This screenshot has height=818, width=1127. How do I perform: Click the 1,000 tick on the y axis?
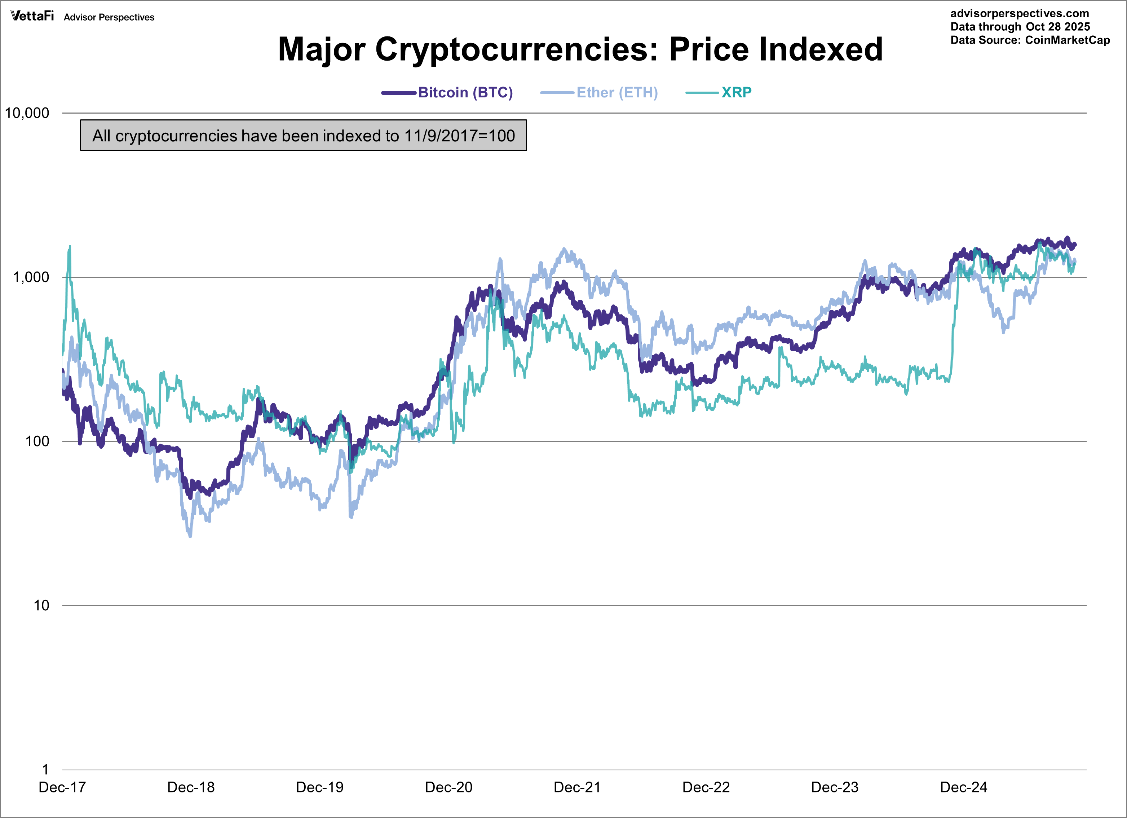31,277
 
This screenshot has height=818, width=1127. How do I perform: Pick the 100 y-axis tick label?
37,441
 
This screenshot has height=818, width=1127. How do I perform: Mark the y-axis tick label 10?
41,605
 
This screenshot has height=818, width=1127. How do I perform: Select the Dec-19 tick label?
319,787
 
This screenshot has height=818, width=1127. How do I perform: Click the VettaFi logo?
32,16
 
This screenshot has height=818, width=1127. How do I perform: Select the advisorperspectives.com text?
1019,13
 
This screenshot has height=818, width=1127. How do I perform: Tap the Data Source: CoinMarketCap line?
1030,40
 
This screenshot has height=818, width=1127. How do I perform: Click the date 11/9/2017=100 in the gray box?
459,136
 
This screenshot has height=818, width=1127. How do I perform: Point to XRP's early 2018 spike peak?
70,246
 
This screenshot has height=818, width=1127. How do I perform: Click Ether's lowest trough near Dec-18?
190,536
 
